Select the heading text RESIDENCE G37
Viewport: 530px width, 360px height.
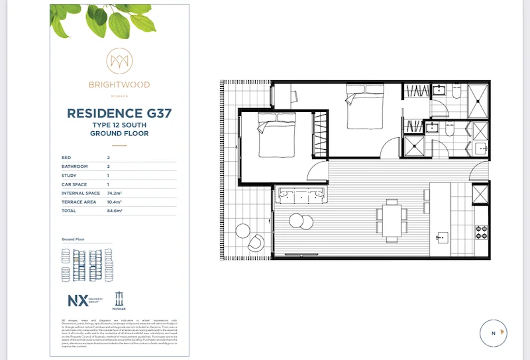[119, 113]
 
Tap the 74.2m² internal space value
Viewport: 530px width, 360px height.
[115, 193]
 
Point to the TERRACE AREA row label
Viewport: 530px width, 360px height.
[79, 202]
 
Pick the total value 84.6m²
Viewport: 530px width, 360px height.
[115, 210]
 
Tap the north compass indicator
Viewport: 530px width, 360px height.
[493, 333]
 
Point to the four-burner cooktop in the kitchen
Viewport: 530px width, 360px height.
[480, 233]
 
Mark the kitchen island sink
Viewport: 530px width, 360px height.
[440, 237]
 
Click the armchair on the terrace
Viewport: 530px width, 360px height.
[256, 243]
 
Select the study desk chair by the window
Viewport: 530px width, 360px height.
[293, 96]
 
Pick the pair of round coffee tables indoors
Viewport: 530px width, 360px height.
[299, 221]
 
